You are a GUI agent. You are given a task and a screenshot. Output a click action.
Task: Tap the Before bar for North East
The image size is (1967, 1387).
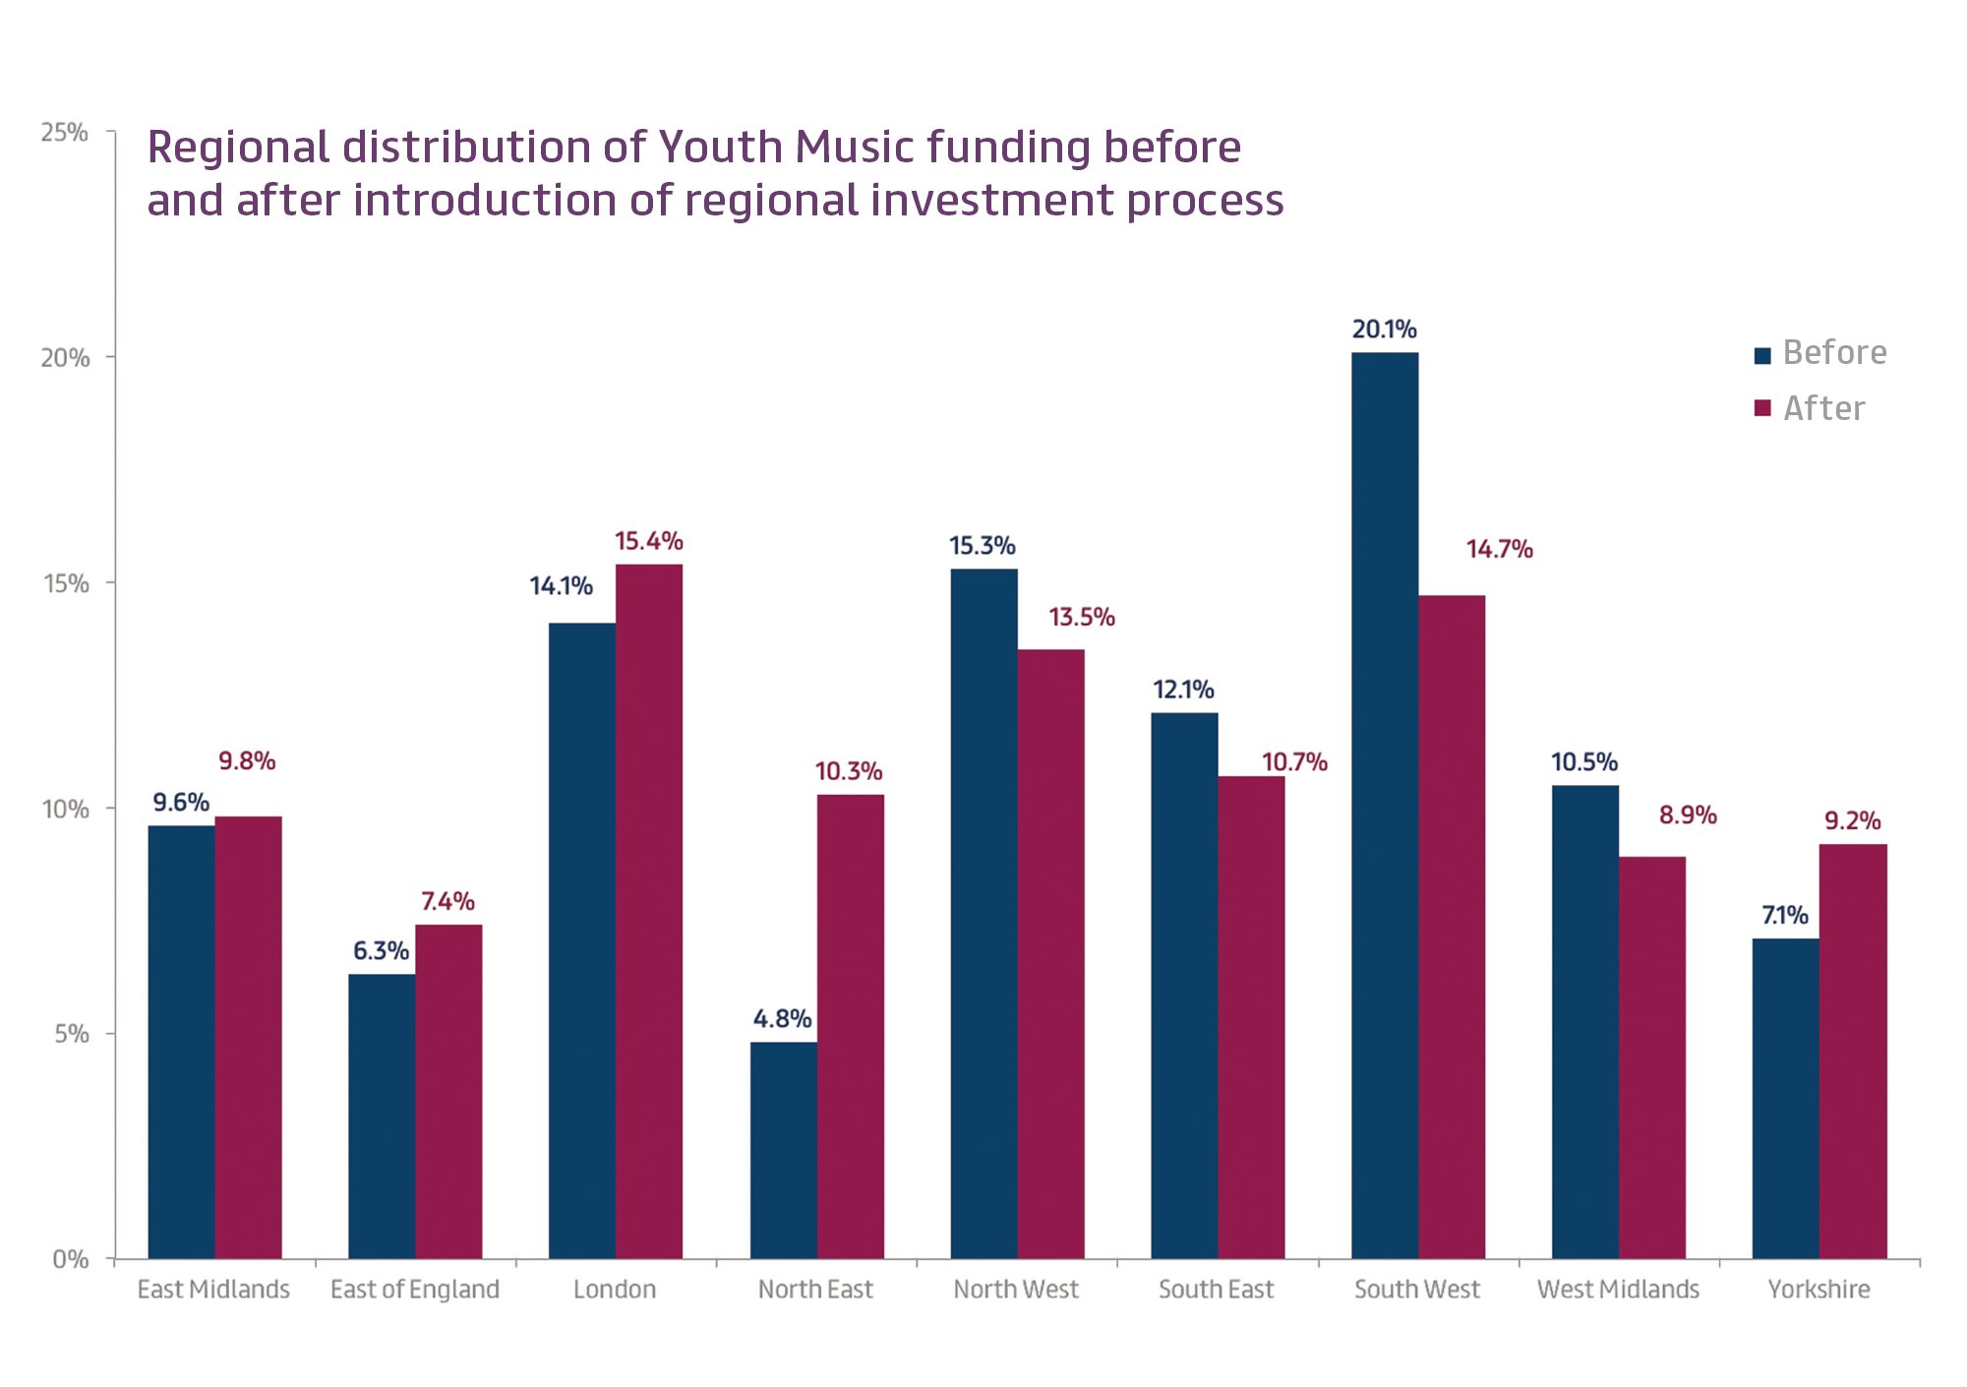784,1150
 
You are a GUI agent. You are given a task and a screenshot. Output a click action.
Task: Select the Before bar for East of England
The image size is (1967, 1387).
382,1116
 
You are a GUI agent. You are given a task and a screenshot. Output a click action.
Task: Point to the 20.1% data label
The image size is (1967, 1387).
1384,330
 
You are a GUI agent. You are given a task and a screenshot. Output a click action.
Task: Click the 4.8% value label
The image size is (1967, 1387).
782,1018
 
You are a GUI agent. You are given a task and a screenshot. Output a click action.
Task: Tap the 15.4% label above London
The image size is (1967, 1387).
648,541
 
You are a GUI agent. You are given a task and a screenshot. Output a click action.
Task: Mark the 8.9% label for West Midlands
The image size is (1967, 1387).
1688,814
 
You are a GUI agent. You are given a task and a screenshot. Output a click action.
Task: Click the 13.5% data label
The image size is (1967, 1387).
1081,617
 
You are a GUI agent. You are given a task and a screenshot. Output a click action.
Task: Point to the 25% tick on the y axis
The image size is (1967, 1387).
65,132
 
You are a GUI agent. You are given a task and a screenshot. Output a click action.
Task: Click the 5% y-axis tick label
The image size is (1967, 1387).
72,1034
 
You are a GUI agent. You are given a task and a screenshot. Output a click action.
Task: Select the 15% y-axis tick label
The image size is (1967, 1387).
66,583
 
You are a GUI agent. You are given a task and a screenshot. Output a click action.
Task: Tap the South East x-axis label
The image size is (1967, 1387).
1216,1289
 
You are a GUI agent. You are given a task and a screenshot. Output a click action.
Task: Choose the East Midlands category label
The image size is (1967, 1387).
213,1289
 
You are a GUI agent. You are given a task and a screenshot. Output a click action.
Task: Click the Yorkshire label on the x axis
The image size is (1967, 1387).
1818,1289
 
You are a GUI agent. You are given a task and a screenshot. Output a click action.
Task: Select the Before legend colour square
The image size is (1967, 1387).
1762,355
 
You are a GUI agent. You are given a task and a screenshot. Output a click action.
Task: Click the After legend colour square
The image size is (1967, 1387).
1762,408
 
